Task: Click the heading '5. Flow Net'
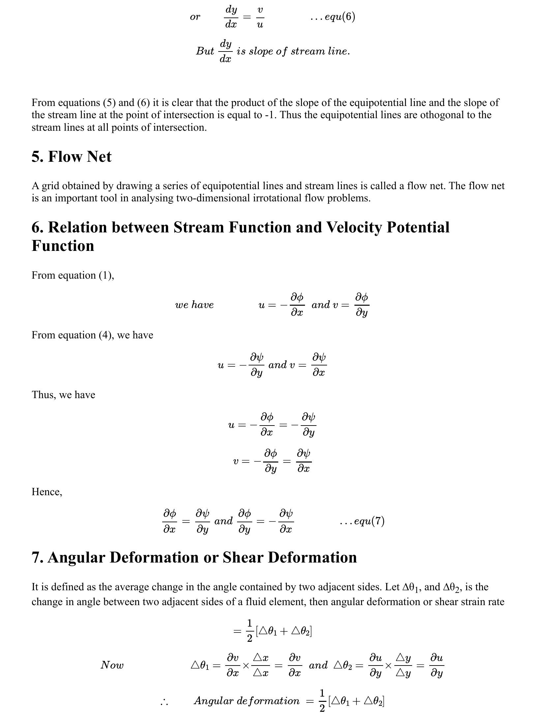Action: pyautogui.click(x=72, y=156)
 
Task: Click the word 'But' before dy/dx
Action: pyautogui.click(x=205, y=51)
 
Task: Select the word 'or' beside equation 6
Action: pyautogui.click(x=195, y=17)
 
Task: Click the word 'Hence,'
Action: pyautogui.click(x=47, y=492)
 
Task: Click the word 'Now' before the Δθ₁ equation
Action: pyautogui.click(x=112, y=665)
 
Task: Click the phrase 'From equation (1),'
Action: pyautogui.click(x=73, y=275)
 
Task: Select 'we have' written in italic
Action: pyautogui.click(x=194, y=305)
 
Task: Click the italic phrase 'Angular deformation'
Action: pyautogui.click(x=247, y=701)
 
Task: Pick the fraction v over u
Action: pyautogui.click(x=260, y=17)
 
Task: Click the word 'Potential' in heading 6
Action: pyautogui.click(x=418, y=227)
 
